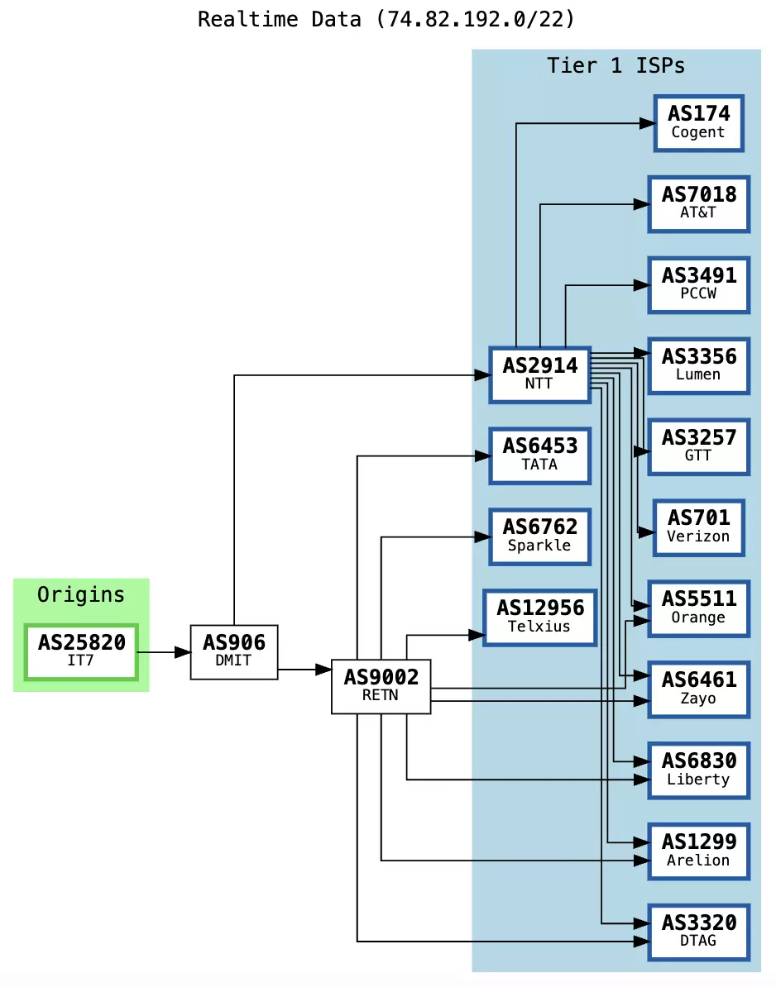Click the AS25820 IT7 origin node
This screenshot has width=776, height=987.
coord(81,651)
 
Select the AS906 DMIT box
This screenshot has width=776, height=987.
coord(234,651)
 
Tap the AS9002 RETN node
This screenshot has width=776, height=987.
coord(381,685)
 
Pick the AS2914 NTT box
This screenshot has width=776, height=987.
coord(539,374)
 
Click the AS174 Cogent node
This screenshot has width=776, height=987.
coord(698,123)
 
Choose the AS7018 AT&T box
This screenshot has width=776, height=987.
coord(698,203)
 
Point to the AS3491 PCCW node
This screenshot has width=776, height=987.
coord(698,284)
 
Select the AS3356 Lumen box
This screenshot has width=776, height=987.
coord(698,365)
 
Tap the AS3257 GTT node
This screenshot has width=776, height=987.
coord(698,446)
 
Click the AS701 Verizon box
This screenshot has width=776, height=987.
coord(698,527)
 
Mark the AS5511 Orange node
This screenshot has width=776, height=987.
coord(698,608)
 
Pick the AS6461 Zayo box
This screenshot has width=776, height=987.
coord(698,689)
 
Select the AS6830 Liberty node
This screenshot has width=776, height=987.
coord(698,770)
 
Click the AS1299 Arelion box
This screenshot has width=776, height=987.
coord(698,851)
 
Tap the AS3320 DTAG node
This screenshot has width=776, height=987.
coord(698,931)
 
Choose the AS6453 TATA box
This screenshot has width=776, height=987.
coord(539,455)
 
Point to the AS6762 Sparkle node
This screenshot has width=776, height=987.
coord(539,536)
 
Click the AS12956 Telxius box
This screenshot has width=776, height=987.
coord(539,617)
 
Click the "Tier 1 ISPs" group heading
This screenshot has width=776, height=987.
coord(616,65)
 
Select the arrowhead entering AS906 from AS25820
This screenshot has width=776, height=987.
coord(183,652)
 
